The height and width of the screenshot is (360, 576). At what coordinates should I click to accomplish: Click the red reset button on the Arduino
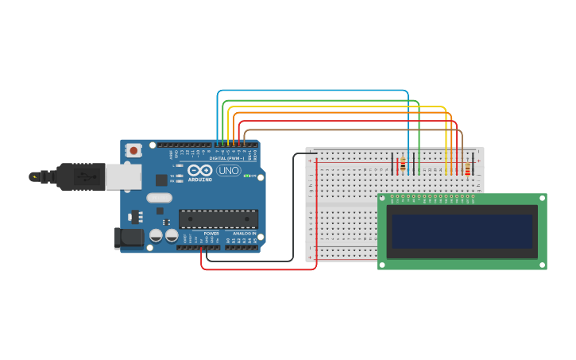click(x=133, y=149)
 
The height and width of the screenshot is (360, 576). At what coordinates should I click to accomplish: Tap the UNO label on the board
click(x=229, y=170)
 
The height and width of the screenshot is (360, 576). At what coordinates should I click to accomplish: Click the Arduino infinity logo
click(x=199, y=170)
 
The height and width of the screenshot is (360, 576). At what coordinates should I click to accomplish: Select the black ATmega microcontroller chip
click(x=218, y=219)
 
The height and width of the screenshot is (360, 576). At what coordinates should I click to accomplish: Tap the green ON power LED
click(x=246, y=176)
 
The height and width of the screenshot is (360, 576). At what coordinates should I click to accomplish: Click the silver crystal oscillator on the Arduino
click(x=159, y=198)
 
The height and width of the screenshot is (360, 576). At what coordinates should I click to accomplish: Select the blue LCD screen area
click(x=462, y=231)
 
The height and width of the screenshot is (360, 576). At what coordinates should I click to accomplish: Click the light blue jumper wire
click(x=318, y=91)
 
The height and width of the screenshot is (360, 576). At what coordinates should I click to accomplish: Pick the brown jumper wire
click(x=350, y=130)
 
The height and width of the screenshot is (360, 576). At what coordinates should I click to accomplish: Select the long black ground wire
click(x=293, y=207)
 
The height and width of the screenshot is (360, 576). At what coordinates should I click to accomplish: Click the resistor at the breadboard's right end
click(x=467, y=168)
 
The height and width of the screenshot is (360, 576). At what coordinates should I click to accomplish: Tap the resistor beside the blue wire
click(x=403, y=165)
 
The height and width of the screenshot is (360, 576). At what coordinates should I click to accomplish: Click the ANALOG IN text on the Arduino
click(x=244, y=233)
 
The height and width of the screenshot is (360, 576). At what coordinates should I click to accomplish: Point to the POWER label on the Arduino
click(x=211, y=233)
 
